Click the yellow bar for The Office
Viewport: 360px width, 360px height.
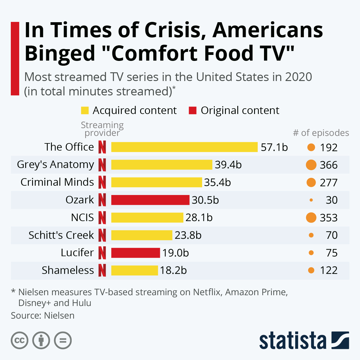(x=184, y=147)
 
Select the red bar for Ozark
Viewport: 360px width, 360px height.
(x=150, y=200)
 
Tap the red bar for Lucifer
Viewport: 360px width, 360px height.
(x=135, y=253)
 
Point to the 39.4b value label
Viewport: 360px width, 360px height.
(x=228, y=165)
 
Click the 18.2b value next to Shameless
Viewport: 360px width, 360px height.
(x=173, y=270)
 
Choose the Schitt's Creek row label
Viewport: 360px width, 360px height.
(x=61, y=235)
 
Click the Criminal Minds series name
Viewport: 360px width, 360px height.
(x=57, y=182)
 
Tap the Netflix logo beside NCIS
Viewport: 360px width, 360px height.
(x=102, y=217)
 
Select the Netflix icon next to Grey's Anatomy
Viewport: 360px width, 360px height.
(x=102, y=165)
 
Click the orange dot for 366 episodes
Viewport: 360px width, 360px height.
(x=311, y=165)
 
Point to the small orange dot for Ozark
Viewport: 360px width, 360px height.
(x=311, y=200)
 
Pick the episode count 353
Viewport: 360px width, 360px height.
(x=328, y=218)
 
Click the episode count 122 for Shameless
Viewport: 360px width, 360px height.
(x=328, y=270)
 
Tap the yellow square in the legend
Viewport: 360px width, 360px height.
(x=85, y=110)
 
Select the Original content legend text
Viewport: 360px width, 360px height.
(x=240, y=110)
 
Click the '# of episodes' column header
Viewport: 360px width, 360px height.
(x=321, y=133)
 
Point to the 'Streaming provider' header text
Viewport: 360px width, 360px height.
(x=102, y=129)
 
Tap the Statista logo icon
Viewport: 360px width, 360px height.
(x=340, y=340)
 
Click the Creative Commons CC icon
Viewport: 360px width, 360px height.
(x=19, y=340)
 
